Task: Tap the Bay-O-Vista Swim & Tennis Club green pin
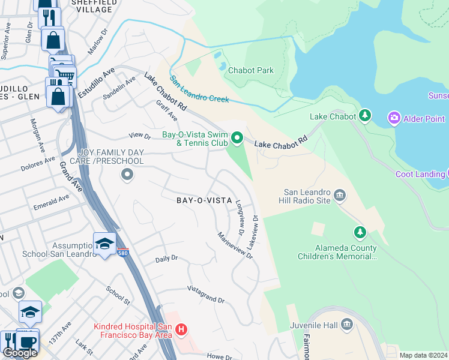coord(237,139)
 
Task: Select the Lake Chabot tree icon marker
coord(364,116)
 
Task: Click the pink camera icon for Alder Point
coord(394,118)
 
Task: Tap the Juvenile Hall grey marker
coord(346,325)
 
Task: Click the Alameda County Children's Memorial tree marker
coord(360,232)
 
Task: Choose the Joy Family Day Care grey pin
coord(127,175)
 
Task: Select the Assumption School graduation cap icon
coord(104,243)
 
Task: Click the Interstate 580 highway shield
coord(123,253)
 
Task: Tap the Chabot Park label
coord(251,70)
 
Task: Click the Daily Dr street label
coord(167,259)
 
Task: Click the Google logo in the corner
coord(20,352)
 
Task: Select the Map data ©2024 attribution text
coord(423,355)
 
